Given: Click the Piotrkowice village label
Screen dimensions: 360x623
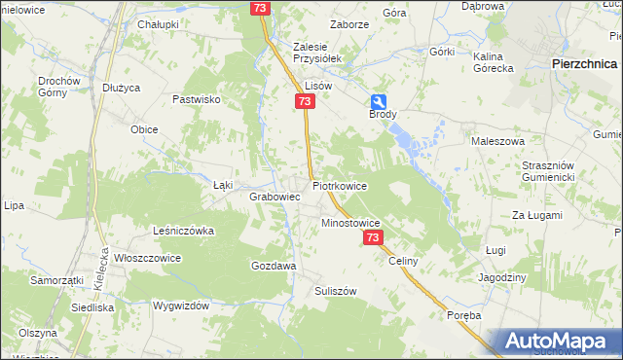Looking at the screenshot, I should coord(339,185).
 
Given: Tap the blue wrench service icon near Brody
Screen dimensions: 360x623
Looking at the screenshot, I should coord(378,102).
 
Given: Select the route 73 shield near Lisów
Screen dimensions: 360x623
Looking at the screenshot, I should coord(306,102).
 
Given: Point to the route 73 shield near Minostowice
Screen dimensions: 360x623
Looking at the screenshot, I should coord(372,237).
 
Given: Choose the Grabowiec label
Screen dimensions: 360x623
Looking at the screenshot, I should coord(274,197).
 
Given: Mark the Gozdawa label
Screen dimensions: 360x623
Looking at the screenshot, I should coord(274,266).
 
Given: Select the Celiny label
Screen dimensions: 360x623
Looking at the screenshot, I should coord(403,262).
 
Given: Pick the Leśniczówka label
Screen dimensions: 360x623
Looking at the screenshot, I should coord(183,231).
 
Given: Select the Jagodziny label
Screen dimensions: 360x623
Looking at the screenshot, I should coord(503,277).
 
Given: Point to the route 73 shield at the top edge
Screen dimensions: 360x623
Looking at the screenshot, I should coord(259,8).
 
